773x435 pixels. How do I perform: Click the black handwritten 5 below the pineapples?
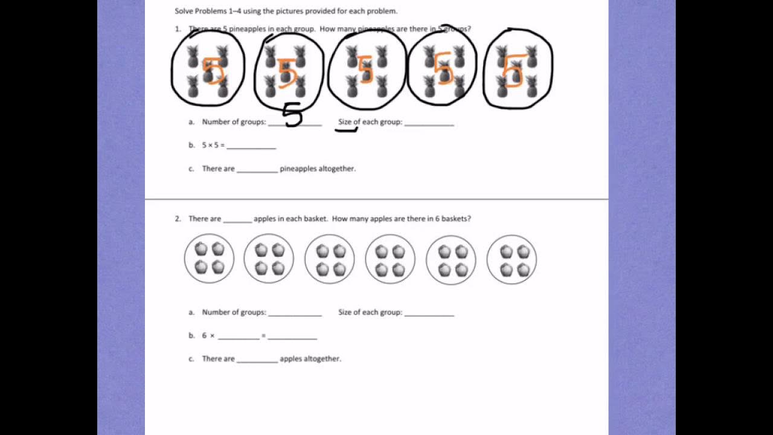[x=292, y=114]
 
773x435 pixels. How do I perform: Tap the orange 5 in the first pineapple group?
[x=213, y=70]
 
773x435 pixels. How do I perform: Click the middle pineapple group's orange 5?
[x=365, y=69]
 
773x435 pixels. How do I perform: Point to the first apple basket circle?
[x=209, y=259]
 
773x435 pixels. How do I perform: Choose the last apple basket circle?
[x=512, y=260]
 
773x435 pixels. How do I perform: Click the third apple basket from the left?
[x=330, y=260]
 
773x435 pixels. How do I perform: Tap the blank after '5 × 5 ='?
[x=251, y=146]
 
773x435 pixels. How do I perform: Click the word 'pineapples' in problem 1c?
[x=298, y=169]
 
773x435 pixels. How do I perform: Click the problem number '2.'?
[x=178, y=219]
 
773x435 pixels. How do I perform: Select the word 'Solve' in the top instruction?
[x=184, y=11]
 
